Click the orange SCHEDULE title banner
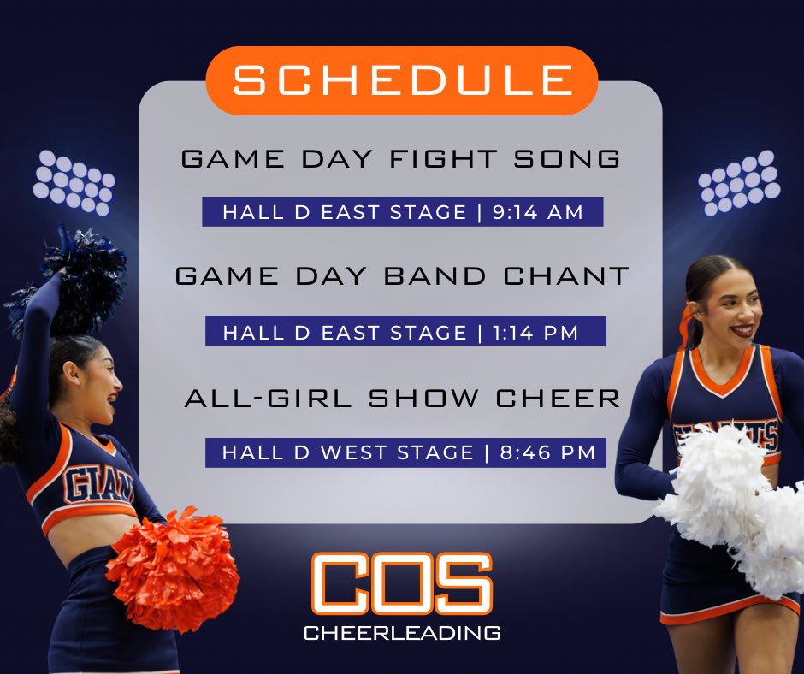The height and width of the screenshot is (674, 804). point(402,80)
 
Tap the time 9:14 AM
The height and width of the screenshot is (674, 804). point(538,212)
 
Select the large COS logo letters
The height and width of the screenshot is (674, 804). point(402,584)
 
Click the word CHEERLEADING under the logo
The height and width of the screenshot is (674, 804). point(402,634)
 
